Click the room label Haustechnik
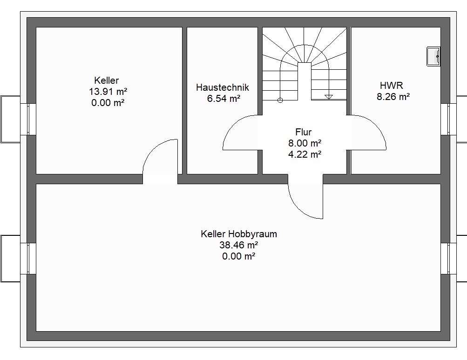tap(222, 87)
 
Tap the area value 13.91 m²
tap(108, 91)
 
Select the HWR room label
tap(392, 86)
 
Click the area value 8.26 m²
tap(393, 97)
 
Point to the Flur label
tap(304, 132)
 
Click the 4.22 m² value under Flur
tap(305, 154)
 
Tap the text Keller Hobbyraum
tap(239, 234)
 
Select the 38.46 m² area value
tap(238, 245)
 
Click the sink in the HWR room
tap(433, 56)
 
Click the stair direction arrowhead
tap(329, 97)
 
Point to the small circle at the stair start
tap(280, 100)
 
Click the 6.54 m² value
tap(223, 99)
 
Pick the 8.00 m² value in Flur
tap(305, 143)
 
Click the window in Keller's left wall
tap(28, 119)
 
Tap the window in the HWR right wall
tap(448, 119)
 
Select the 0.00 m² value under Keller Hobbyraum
tap(238, 256)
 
